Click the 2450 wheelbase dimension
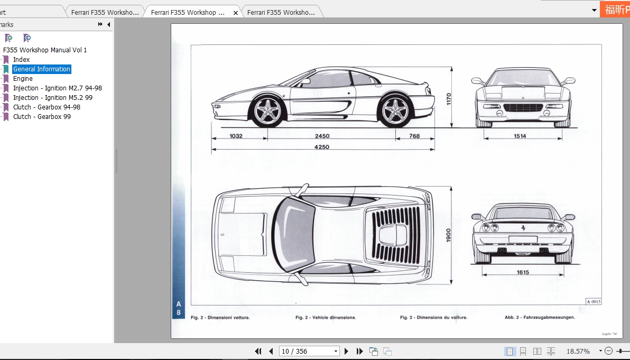(x=322, y=136)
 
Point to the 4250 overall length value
(x=322, y=147)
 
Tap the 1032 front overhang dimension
(x=236, y=136)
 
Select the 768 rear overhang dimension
(x=414, y=136)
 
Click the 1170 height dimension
(x=449, y=99)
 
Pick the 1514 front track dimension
(x=520, y=136)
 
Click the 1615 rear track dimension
(x=523, y=273)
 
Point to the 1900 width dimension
(x=448, y=235)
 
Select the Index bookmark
(x=22, y=60)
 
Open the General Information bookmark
(x=42, y=69)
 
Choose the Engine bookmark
(x=23, y=79)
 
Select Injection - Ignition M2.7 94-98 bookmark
(x=57, y=88)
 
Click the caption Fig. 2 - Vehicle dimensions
(x=326, y=318)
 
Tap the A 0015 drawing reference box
(x=593, y=301)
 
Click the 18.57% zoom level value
(x=578, y=352)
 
